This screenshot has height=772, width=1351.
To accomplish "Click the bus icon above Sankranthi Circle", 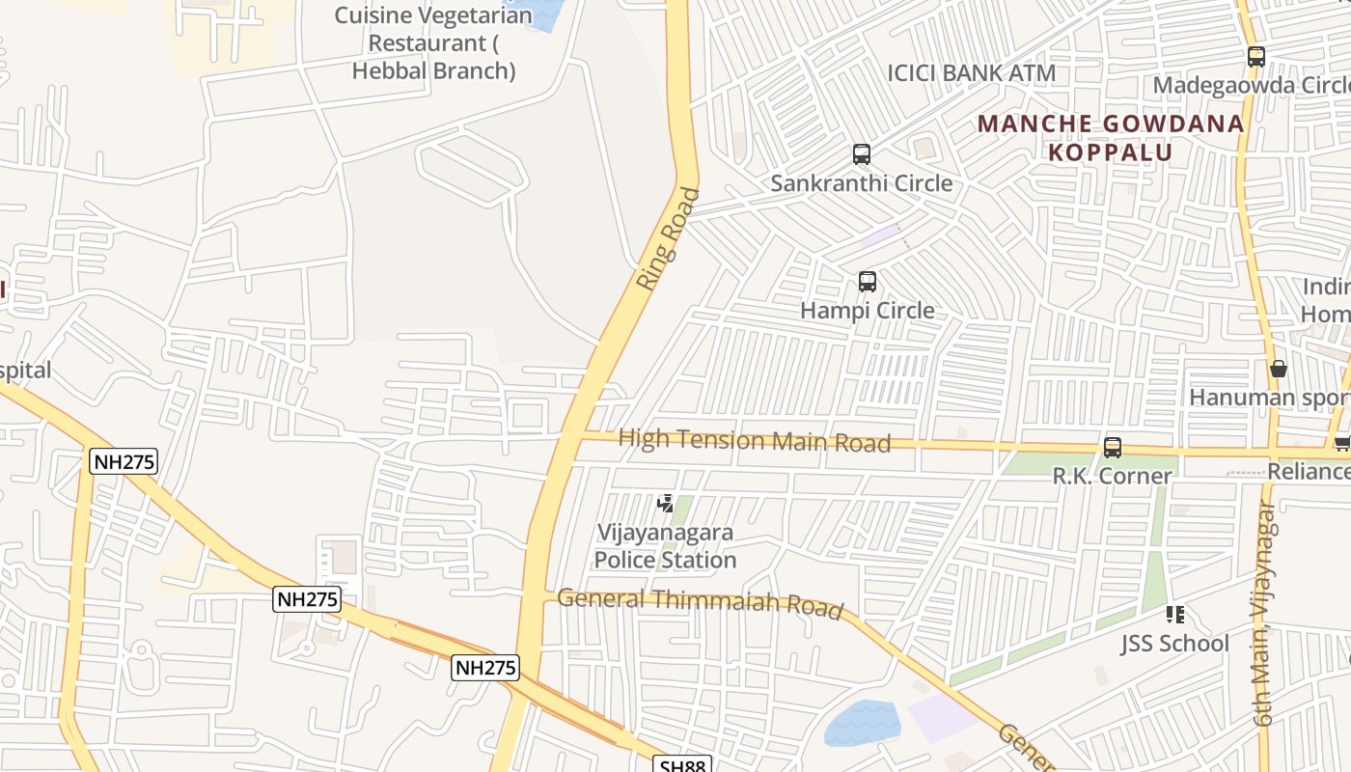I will tap(861, 153).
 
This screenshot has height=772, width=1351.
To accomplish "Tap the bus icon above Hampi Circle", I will tap(868, 282).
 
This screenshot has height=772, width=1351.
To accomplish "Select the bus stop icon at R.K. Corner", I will tap(1113, 448).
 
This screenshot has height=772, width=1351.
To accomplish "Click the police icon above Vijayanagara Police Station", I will tap(665, 503).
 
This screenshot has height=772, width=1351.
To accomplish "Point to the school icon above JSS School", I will tap(1174, 614).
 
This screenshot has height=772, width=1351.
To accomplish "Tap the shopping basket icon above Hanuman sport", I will tap(1279, 369).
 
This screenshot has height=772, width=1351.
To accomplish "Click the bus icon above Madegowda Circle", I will tap(1255, 57).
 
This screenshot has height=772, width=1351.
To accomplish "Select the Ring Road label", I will tap(668, 238).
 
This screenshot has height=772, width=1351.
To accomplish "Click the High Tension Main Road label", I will tap(754, 441).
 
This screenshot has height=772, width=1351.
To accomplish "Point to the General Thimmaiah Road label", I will tap(700, 601).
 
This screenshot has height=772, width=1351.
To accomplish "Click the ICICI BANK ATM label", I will tap(972, 73).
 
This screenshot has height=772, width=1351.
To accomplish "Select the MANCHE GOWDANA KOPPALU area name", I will tap(1110, 138).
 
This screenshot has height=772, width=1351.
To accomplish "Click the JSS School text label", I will tap(1174, 644).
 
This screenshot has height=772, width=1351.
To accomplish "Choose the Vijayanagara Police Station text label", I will tap(665, 546).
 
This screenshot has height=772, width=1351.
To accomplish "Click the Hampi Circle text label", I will tap(868, 311).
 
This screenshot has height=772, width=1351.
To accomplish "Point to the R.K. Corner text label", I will tap(1112, 476).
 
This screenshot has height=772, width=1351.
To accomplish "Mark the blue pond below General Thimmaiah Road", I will tap(862, 723).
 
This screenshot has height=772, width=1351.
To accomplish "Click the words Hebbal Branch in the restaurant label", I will tap(433, 70).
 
